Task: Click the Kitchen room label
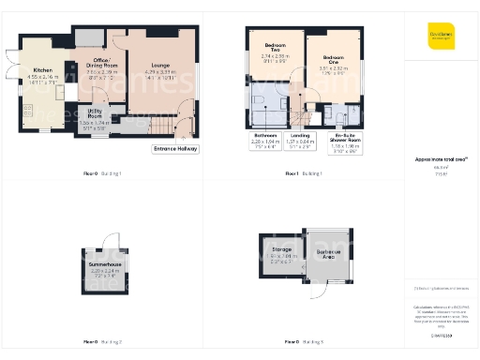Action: [43, 70]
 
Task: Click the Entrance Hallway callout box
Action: [175, 148]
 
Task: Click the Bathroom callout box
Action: [265, 139]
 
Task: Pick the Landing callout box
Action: [300, 139]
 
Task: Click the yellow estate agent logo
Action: [441, 36]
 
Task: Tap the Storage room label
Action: [282, 249]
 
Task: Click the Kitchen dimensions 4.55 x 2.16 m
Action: [43, 77]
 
